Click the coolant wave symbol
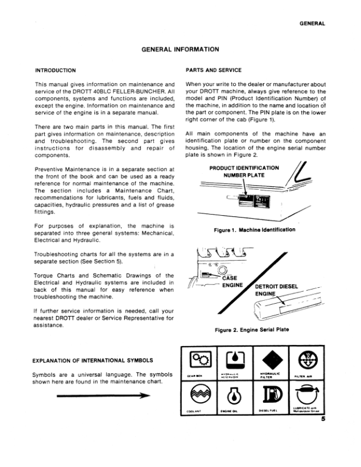point(197,399)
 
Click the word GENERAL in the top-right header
point(313,24)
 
